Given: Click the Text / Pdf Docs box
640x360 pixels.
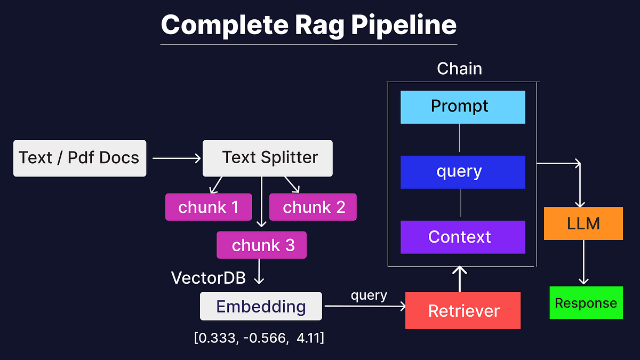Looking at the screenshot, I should coord(79,158).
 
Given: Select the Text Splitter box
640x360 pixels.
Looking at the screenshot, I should coord(267,158).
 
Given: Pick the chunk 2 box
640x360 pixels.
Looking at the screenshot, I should coord(313,207).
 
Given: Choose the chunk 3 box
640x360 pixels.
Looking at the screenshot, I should coord(261,245).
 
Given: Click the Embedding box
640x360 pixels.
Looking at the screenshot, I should coord(261,307).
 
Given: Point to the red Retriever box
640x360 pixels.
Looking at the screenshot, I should coord(463,310).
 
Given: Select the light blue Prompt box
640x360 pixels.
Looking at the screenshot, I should coord(462,107).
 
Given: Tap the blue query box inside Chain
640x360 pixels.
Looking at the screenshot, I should coord(462,172).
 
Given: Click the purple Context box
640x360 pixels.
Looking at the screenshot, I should coord(462,237).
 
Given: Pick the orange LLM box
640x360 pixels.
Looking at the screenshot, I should coord(583,223).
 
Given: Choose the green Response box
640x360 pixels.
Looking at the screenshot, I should coord(586,303).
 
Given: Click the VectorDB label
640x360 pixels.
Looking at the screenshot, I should coord(208,277).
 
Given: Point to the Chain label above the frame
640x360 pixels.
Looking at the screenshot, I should coord(459,69).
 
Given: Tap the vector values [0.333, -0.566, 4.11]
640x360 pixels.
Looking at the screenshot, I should coord(259,338).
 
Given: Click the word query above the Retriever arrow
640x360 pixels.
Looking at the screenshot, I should coord(369,295).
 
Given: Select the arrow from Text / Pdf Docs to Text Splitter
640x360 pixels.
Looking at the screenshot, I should coord(176,158).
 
